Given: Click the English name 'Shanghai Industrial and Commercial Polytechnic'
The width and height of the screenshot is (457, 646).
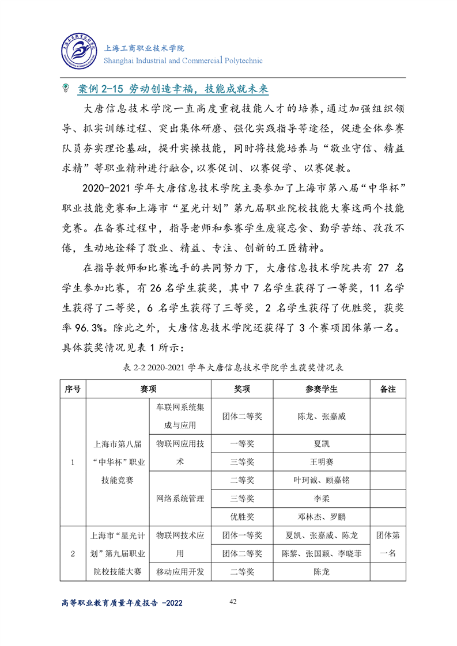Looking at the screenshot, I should point(183,60).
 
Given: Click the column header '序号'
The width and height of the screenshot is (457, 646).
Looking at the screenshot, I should point(73,389).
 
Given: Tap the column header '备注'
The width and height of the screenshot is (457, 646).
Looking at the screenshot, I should point(388,389).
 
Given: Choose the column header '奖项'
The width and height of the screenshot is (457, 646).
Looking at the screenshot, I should point(242,389).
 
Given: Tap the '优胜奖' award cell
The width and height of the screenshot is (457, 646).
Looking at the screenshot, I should point(242,516).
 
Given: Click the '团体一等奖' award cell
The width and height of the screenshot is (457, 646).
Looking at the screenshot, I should point(242,535).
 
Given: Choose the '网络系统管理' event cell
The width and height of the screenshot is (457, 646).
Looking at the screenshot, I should point(181,498).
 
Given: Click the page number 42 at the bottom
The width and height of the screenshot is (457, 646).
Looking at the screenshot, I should point(233,601).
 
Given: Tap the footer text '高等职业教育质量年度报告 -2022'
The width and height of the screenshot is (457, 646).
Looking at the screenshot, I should point(122,602).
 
